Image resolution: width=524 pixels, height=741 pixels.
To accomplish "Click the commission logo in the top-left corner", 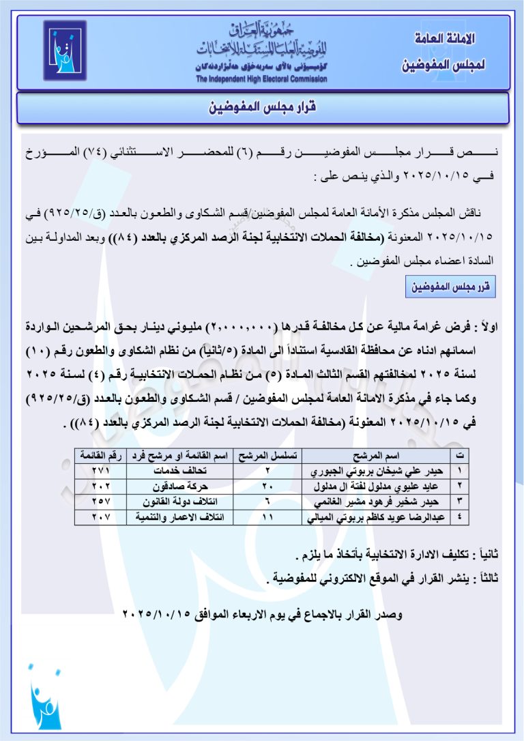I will click(x=65, y=50).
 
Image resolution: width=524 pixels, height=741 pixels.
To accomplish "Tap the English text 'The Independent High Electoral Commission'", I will click(x=261, y=79).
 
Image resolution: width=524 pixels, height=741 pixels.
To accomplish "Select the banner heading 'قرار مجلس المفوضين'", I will click(x=262, y=108).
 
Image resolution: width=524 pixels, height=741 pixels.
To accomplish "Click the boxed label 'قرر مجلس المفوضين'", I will click(x=450, y=287).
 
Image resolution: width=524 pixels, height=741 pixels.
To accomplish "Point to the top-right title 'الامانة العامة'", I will click(x=445, y=39).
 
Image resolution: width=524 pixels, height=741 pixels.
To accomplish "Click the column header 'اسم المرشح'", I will click(x=377, y=456).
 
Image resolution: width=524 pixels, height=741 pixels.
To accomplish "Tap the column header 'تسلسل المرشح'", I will click(x=267, y=456).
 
